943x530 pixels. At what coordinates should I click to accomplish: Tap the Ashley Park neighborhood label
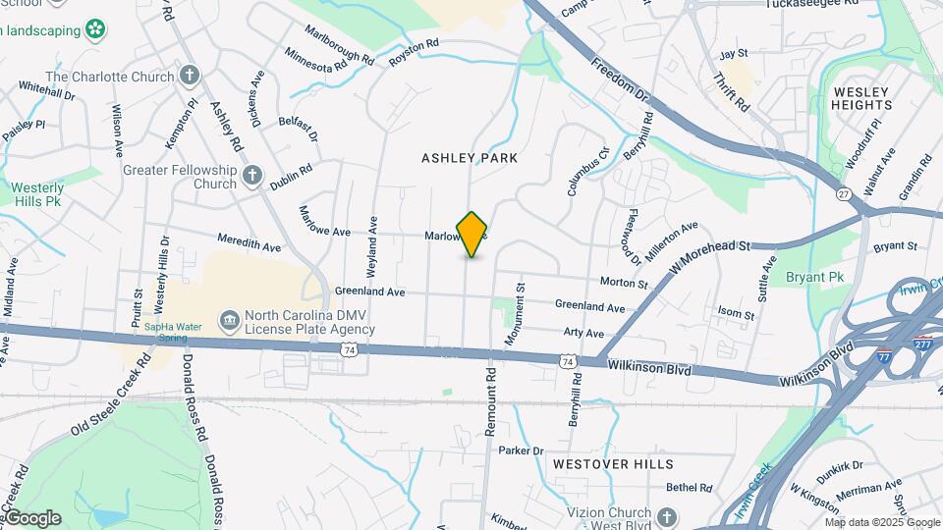click(x=470, y=158)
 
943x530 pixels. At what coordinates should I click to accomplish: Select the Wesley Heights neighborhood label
click(x=862, y=98)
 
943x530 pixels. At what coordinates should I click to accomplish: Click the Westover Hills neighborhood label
click(x=612, y=463)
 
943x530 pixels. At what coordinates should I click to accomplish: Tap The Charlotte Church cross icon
click(x=190, y=76)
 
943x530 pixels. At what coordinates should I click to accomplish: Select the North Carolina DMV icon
click(x=229, y=322)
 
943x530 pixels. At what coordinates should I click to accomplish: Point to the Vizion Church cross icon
click(x=667, y=517)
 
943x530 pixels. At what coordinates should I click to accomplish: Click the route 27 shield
click(x=844, y=194)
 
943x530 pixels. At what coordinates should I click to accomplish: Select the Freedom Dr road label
click(x=621, y=79)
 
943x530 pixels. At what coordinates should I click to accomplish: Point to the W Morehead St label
click(x=708, y=256)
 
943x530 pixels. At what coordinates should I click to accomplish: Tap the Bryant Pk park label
click(x=815, y=278)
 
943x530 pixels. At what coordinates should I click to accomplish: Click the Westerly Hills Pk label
click(x=37, y=193)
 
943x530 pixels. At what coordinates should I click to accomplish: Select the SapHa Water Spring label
click(x=173, y=332)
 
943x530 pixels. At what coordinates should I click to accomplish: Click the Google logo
click(x=31, y=517)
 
